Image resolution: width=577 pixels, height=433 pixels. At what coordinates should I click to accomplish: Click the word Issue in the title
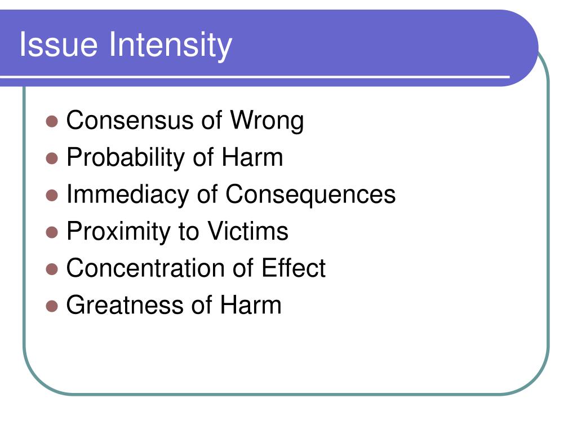pyautogui.click(x=59, y=44)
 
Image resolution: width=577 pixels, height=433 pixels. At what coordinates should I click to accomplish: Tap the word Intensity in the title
pyautogui.click(x=171, y=46)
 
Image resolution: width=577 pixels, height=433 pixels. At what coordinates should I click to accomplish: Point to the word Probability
pyautogui.click(x=126, y=158)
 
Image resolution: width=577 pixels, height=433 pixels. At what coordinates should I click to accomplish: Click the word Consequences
pyautogui.click(x=310, y=195)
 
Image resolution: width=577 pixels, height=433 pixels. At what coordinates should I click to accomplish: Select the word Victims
pyautogui.click(x=248, y=231)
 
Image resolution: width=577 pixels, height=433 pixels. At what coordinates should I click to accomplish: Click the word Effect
pyautogui.click(x=293, y=268)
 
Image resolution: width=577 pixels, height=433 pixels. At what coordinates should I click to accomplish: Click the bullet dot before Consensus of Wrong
pyautogui.click(x=52, y=121)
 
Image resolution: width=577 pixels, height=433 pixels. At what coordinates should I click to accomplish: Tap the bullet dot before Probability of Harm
pyautogui.click(x=52, y=158)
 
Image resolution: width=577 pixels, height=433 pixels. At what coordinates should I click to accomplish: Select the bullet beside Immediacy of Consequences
pyautogui.click(x=52, y=195)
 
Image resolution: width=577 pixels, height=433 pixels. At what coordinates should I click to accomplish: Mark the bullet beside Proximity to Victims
pyautogui.click(x=52, y=232)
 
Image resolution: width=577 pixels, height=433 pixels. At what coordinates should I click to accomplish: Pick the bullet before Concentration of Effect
pyautogui.click(x=52, y=269)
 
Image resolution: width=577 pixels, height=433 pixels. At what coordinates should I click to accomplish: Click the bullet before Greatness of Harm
pyautogui.click(x=52, y=306)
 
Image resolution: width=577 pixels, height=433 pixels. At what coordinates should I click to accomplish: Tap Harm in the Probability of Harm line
pyautogui.click(x=252, y=157)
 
